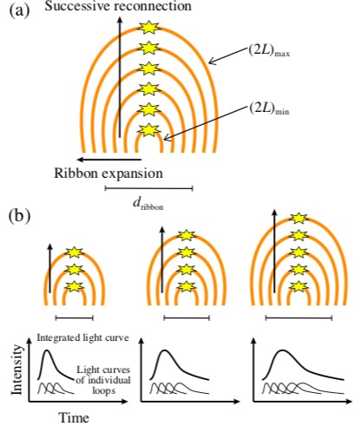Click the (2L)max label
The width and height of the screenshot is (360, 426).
(x=269, y=51)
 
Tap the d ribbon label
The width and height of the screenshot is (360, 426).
(x=148, y=204)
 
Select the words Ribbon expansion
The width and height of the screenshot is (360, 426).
(x=108, y=174)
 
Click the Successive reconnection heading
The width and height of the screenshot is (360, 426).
(x=118, y=6)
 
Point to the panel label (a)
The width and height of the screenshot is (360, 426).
(x=20, y=11)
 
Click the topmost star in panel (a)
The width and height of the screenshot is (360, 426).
(x=148, y=28)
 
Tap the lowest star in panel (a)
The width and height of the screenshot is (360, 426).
(x=148, y=130)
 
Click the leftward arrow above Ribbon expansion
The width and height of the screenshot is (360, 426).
(x=109, y=160)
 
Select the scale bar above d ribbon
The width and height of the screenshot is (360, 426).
(x=149, y=189)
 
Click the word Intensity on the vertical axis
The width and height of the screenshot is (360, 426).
(x=16, y=370)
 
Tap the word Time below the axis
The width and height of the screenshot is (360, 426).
(x=74, y=418)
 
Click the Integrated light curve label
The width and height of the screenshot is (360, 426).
(x=83, y=338)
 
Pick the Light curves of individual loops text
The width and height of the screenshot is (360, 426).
(x=103, y=380)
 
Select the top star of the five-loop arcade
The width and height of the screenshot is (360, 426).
(x=298, y=219)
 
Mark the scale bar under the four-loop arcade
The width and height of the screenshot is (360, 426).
(x=187, y=318)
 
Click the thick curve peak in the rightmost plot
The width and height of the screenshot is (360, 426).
(x=283, y=351)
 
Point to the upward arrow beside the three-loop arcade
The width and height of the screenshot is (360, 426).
(x=50, y=268)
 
